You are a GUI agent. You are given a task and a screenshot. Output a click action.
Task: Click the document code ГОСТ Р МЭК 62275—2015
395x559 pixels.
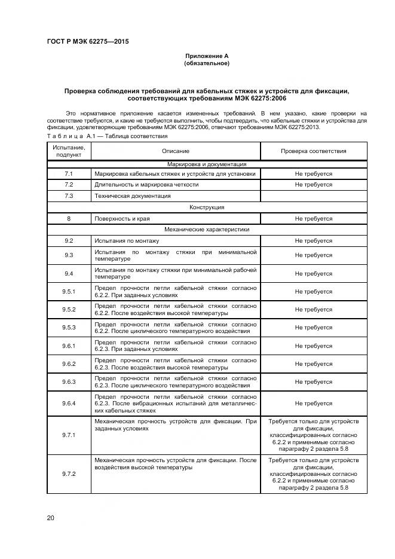click(88, 41)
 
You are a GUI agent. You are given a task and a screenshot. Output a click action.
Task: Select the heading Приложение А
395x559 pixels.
click(207, 56)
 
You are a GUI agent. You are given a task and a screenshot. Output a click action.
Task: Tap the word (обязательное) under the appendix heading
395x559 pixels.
click(207, 63)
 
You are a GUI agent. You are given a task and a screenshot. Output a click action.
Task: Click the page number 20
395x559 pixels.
click(51, 518)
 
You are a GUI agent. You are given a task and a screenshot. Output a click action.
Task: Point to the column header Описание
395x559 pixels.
click(175, 151)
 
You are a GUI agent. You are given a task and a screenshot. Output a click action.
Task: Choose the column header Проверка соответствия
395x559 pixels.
click(313, 151)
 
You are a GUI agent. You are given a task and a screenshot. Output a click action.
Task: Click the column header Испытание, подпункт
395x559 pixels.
click(69, 151)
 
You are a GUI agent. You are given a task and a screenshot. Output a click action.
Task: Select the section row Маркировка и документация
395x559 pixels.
click(207, 164)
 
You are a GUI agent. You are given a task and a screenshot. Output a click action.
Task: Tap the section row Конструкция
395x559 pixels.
click(207, 207)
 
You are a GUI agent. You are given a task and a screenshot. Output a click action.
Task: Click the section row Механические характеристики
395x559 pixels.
click(207, 229)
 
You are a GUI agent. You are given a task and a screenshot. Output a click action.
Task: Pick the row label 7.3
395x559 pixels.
click(69, 196)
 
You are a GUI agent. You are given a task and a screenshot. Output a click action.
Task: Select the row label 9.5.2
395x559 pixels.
click(69, 310)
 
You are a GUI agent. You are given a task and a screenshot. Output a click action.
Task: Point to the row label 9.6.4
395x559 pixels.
click(69, 404)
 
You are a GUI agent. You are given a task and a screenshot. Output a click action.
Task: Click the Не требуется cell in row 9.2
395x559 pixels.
click(313, 240)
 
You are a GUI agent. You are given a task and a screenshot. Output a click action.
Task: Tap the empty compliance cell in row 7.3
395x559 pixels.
click(313, 196)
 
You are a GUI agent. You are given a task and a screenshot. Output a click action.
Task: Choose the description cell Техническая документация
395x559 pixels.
click(132, 196)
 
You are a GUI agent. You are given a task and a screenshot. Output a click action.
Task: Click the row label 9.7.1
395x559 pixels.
click(69, 435)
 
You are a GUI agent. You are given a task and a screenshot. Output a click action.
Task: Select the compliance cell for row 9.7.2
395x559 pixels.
click(313, 474)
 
